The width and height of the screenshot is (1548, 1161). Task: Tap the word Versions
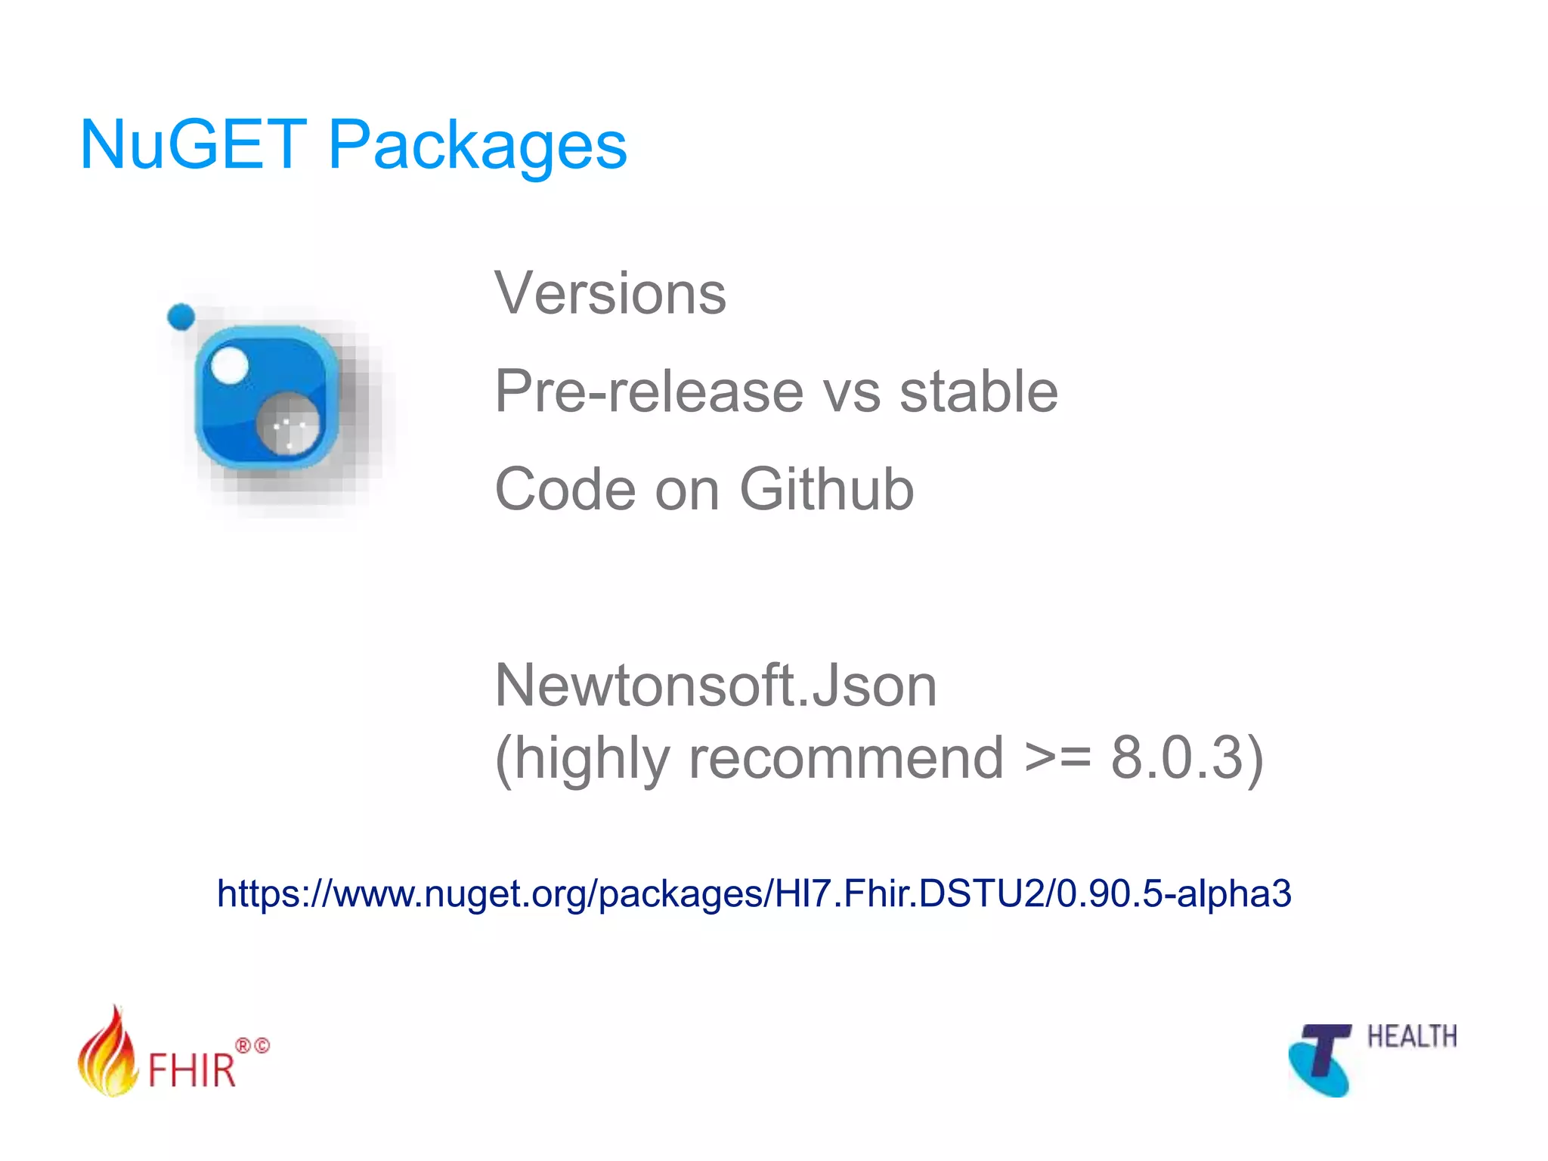[610, 293]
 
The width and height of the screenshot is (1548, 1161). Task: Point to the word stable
[978, 392]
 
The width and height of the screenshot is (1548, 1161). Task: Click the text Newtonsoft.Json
[715, 685]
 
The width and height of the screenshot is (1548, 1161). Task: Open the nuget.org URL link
[754, 893]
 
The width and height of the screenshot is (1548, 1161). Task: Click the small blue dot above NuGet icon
[181, 317]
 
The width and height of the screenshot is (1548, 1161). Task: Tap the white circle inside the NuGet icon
[229, 365]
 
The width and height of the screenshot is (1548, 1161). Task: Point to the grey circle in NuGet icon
[287, 424]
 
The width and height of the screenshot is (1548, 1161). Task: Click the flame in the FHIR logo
[107, 1054]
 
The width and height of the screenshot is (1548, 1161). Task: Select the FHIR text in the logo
[191, 1070]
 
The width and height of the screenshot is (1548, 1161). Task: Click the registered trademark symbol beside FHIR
[243, 1045]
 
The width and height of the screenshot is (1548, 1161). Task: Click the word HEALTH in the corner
[1411, 1036]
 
